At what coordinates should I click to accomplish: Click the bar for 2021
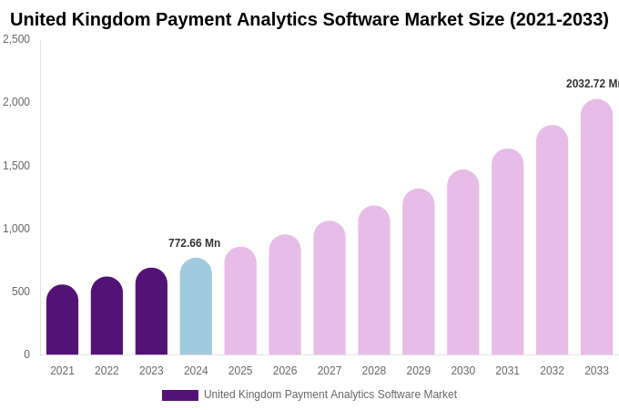62,320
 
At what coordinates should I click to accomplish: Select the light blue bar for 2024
196,307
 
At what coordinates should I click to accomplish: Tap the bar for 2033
596,228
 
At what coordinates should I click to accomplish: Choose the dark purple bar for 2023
151,312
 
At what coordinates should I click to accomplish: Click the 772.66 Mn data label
194,243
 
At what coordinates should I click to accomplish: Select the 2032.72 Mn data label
592,84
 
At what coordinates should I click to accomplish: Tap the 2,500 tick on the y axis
16,39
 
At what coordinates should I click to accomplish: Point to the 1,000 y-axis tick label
16,229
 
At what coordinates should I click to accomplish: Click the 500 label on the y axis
20,292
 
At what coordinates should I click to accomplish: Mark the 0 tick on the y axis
26,354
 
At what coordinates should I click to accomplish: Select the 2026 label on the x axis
285,371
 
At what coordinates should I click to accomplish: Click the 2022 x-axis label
107,371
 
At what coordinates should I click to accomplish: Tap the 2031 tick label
507,371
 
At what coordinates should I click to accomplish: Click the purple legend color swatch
179,395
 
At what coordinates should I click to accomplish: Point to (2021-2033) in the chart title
559,19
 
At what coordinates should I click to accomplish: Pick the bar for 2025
240,302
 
